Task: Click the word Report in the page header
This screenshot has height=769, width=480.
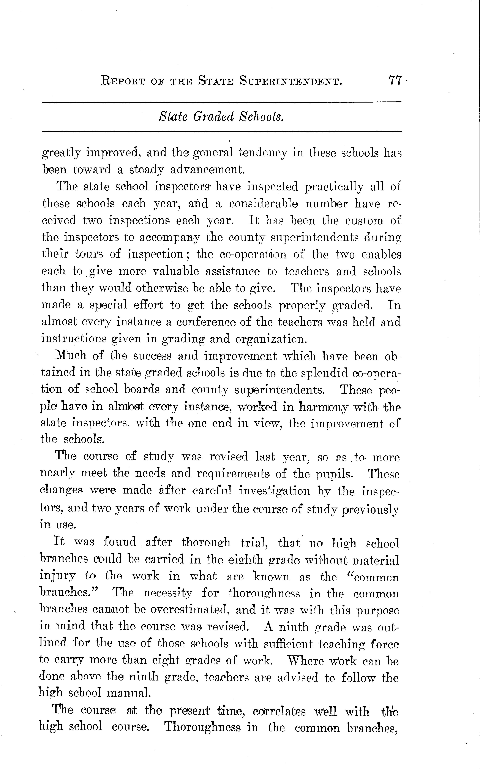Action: click(123, 81)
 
